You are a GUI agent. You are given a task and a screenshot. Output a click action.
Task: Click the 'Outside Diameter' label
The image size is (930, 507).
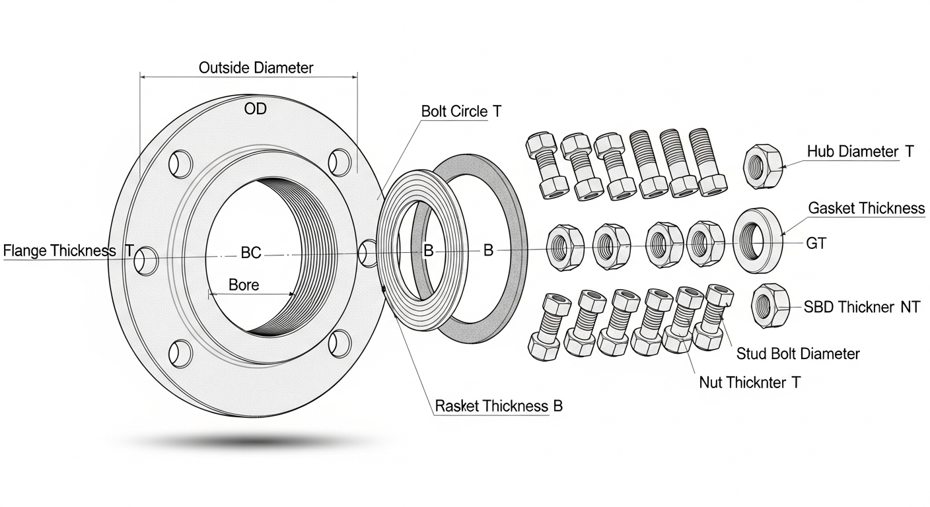pos(256,67)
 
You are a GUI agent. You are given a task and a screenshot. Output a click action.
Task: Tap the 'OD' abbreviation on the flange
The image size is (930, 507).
pos(255,109)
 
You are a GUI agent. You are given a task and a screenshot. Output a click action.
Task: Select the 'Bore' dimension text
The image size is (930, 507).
pos(244,285)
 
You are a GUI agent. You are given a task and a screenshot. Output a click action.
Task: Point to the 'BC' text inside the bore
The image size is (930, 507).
pos(250,252)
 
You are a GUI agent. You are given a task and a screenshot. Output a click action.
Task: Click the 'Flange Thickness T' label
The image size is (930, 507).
pos(69,251)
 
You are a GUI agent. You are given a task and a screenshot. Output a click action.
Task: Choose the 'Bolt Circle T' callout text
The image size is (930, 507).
pos(461,111)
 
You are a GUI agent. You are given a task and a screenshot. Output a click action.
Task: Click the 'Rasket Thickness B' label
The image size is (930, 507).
pos(499,405)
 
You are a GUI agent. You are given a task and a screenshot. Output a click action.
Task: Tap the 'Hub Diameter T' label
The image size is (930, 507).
pos(860,151)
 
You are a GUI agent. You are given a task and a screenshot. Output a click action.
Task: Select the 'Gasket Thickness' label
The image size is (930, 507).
pos(867,209)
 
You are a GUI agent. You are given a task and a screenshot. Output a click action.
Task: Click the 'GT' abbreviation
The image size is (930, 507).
pos(816,244)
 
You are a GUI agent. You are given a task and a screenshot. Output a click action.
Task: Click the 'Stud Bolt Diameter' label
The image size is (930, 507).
pos(798,354)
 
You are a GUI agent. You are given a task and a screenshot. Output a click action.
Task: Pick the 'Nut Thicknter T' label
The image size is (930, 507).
pos(749,382)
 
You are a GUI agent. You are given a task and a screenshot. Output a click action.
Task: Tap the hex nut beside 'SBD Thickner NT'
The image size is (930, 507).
pos(770,304)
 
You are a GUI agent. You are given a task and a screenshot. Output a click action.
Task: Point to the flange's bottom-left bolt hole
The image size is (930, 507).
pos(180,353)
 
